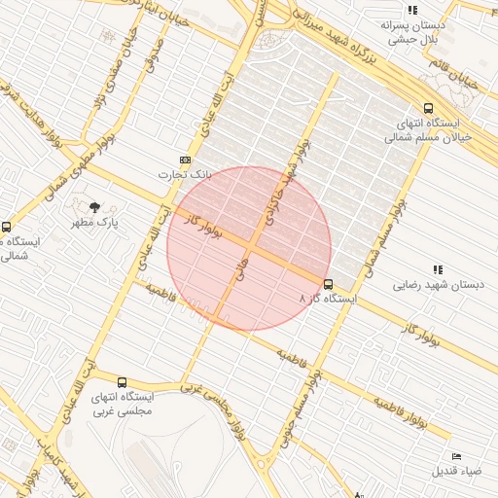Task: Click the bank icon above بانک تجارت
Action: click(185, 160)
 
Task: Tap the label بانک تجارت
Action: click(185, 174)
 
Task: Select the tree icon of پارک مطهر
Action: click(94, 207)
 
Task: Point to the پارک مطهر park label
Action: click(93, 223)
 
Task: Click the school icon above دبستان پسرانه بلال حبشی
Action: click(412, 10)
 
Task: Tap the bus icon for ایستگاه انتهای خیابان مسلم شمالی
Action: click(429, 109)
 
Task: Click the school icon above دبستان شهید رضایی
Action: click(438, 269)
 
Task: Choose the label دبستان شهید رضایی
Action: click(438, 285)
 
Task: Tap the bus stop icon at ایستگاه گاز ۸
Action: click(328, 285)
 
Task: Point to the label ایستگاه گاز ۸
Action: click(328, 300)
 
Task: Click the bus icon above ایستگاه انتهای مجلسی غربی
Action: click(122, 382)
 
